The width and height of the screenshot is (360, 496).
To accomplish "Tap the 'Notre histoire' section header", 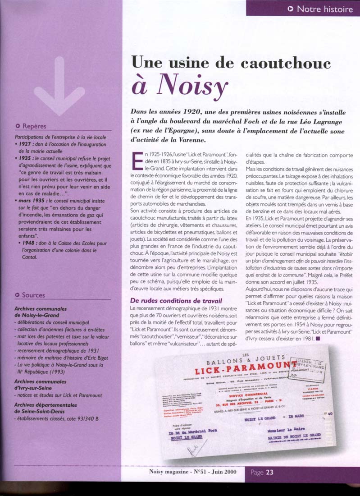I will pos(324,8).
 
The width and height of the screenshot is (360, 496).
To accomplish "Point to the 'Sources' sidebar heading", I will pos(33,295).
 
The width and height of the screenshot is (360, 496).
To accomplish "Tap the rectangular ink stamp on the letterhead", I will pos(310,368).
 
